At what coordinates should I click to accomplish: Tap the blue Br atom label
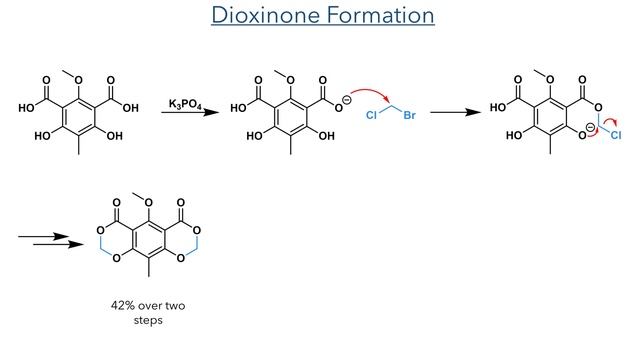(408, 116)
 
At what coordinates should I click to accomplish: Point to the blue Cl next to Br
(371, 116)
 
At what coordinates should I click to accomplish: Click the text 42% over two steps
(147, 304)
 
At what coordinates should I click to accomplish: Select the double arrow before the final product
(49, 239)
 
